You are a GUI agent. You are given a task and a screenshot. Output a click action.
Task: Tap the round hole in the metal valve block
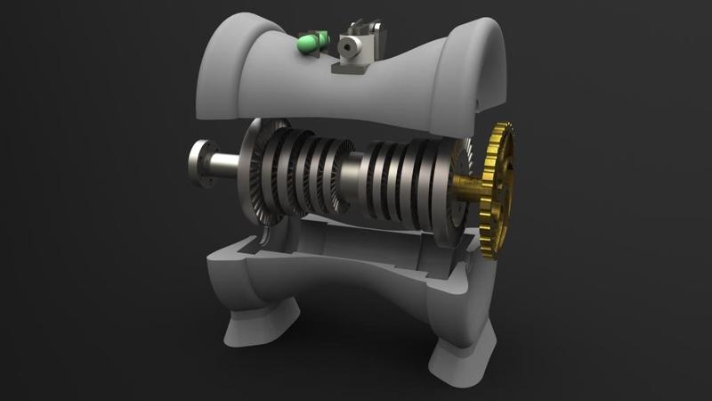pos(344,41)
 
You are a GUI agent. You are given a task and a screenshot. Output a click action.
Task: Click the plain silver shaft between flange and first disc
pos(225,167)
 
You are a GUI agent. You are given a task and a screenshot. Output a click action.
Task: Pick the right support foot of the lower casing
pos(461,356)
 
